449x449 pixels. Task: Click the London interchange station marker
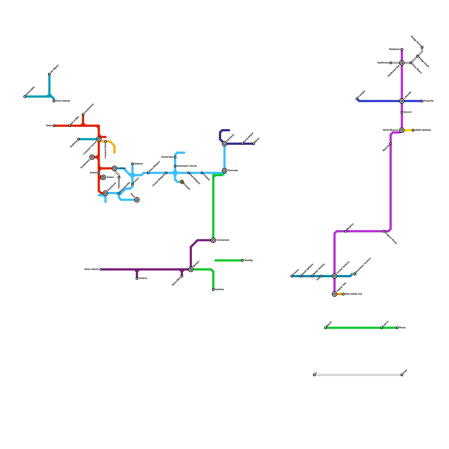click(114, 168)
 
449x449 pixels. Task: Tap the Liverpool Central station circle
click(99, 139)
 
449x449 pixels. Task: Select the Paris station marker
click(137, 200)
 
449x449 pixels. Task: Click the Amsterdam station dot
click(175, 157)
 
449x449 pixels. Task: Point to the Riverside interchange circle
click(224, 171)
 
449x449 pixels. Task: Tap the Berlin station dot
click(254, 144)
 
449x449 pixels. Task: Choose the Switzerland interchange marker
click(213, 240)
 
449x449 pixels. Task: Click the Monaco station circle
click(191, 269)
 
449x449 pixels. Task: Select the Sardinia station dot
click(213, 290)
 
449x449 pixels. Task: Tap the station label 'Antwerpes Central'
click(187, 166)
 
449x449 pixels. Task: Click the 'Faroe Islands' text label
click(63, 101)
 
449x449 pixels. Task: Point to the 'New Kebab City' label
click(354, 294)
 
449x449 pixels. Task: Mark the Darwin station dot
click(402, 112)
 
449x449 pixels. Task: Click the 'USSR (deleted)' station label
click(423, 130)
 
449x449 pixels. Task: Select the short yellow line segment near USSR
click(408, 130)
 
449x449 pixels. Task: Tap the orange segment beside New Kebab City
click(340, 294)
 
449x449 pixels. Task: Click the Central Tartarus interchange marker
click(335, 276)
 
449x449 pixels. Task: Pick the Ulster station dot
click(54, 126)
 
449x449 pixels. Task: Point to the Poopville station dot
click(422, 101)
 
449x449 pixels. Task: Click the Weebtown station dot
click(402, 49)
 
